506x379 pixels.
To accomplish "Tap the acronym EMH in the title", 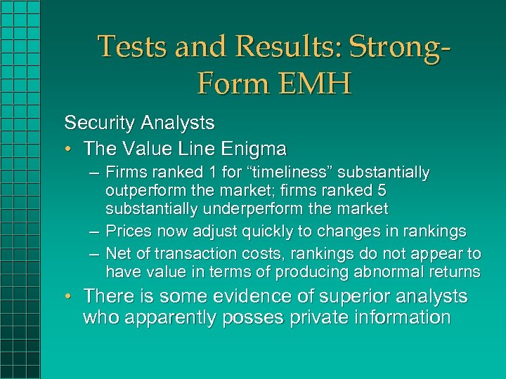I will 313,84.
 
